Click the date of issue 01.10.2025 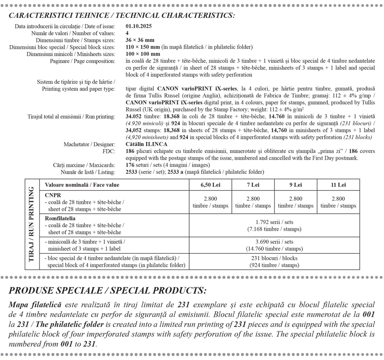[139, 26]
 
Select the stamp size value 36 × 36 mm [140, 40]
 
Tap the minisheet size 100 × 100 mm [143, 54]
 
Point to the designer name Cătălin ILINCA [147, 144]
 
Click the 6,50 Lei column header [210, 185]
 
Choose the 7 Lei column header [253, 185]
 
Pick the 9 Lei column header [296, 185]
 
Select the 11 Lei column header [338, 185]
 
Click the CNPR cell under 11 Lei [338, 202]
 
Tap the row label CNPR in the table [53, 195]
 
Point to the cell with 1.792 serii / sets [274, 226]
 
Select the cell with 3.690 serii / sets [274, 245]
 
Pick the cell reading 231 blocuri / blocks [274, 261]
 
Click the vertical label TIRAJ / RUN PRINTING [32, 224]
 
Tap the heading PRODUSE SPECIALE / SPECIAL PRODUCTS [108, 291]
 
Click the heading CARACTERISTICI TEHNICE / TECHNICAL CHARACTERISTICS [122, 15]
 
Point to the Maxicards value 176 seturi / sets [168, 165]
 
